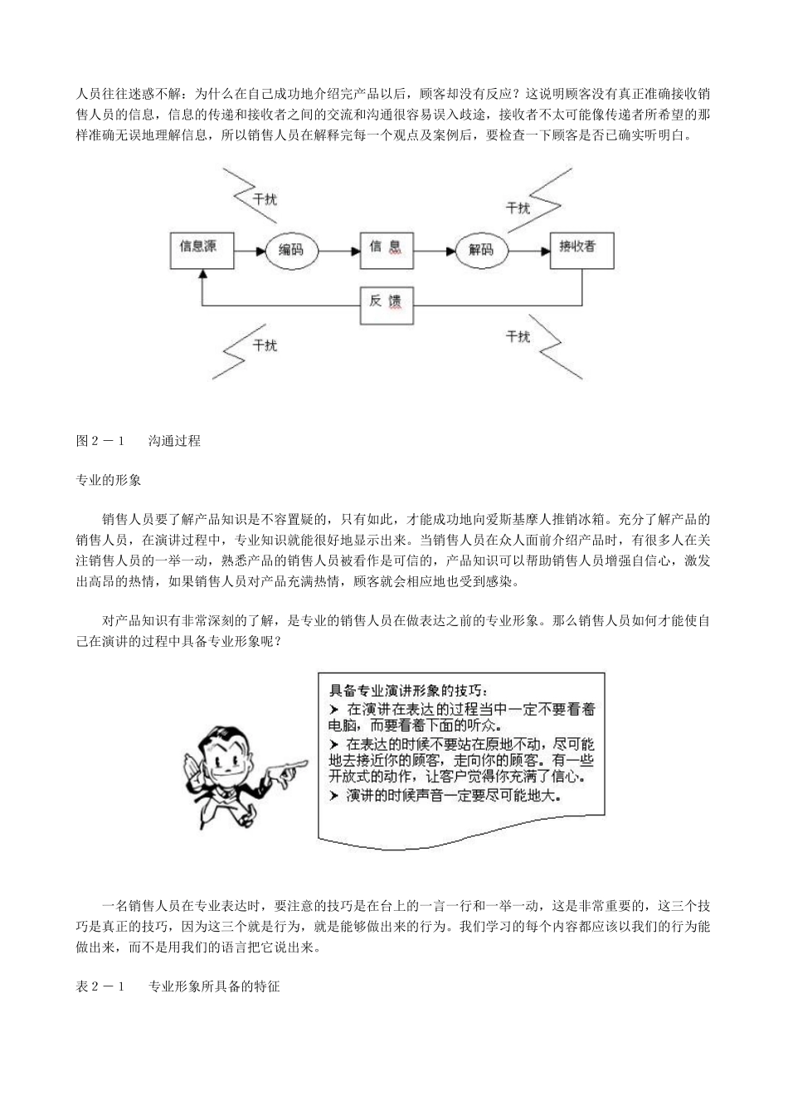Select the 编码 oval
291,248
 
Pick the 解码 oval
481,248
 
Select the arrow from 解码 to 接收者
528,248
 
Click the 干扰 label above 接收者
518,208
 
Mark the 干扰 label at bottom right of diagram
518,335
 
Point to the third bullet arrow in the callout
334,795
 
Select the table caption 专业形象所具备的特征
214,987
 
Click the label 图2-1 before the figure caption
100,441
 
